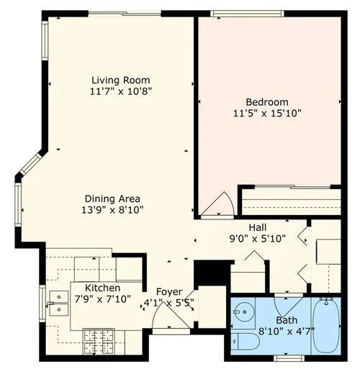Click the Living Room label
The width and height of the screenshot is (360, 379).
(x=120, y=80)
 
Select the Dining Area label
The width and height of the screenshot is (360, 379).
(x=112, y=198)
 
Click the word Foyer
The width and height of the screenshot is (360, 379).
(x=169, y=291)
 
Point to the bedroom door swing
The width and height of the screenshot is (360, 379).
(x=217, y=205)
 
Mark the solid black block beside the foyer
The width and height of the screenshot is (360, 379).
(x=212, y=272)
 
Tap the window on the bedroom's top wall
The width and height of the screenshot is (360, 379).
(x=237, y=13)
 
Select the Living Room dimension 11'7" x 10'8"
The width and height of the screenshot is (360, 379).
(x=121, y=91)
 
